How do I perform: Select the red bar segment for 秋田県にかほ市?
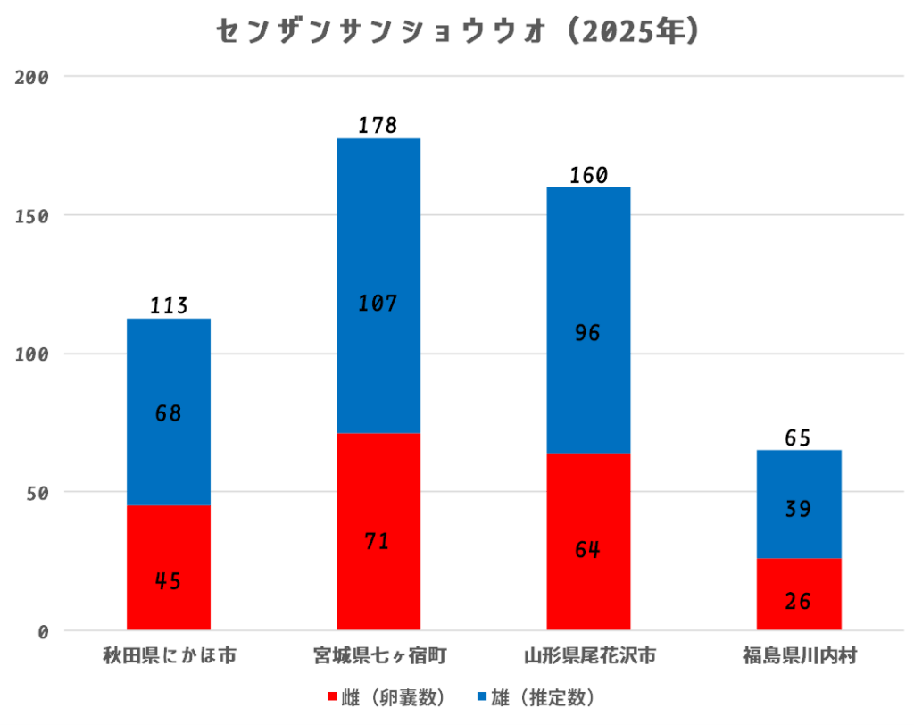(x=169, y=567)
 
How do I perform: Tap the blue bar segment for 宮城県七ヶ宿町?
(x=378, y=286)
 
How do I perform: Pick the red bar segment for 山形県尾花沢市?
(x=588, y=541)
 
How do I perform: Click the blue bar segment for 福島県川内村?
(x=799, y=504)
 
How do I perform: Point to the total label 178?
(x=378, y=126)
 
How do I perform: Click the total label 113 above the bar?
(x=169, y=306)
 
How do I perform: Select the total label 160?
(x=588, y=175)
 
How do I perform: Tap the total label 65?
(x=798, y=438)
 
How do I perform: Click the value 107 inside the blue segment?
(x=378, y=304)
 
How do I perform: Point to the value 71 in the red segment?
(x=378, y=541)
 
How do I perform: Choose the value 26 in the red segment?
(x=798, y=601)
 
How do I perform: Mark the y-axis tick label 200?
(x=32, y=78)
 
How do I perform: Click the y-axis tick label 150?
(x=32, y=216)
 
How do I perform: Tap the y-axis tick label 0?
(x=43, y=632)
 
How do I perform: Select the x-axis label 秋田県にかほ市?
(x=169, y=658)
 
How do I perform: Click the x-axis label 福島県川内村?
(x=798, y=658)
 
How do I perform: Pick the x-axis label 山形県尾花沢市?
(x=588, y=658)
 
